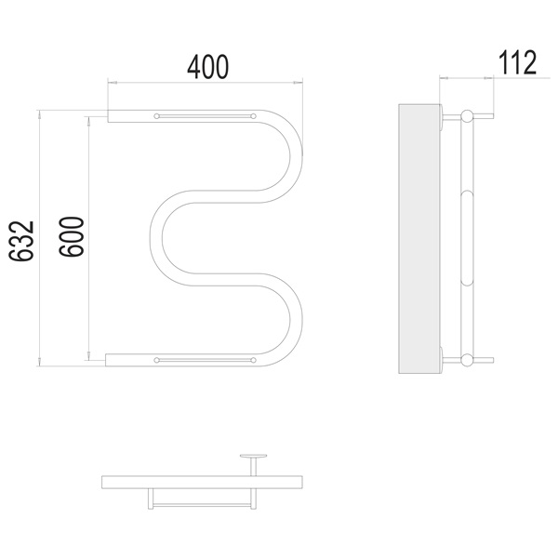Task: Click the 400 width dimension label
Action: click(207, 67)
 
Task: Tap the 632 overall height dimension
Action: click(21, 241)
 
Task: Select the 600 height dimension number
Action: click(72, 236)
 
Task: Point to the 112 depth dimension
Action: click(517, 62)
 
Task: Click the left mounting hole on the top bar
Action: click(156, 116)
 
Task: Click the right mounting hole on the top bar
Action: click(253, 116)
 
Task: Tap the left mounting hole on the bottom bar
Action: click(156, 360)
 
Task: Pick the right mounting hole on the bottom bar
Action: click(253, 360)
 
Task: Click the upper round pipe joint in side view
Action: click(467, 116)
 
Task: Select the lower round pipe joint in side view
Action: click(467, 360)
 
